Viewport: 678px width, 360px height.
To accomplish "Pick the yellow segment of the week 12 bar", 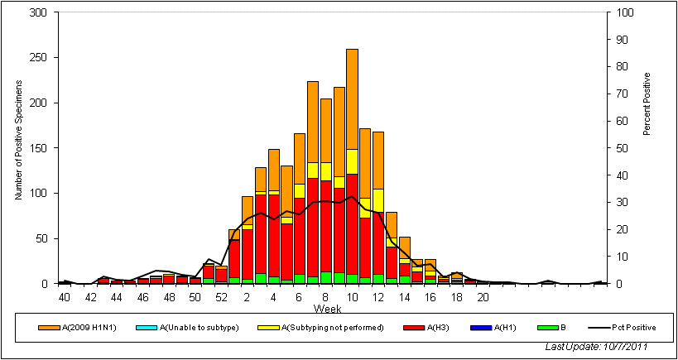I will pos(378,200).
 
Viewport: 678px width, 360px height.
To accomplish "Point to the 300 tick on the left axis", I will pos(40,13).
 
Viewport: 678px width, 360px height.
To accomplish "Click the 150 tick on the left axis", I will pos(40,148).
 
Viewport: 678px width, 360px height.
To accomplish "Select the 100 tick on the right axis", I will pos(622,13).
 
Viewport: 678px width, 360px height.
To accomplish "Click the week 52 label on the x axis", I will pos(221,296).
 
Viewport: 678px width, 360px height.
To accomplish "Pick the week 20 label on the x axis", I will pos(483,296).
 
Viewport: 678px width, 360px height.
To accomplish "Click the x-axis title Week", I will pos(325,308).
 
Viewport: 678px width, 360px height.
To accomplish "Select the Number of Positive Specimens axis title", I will pos(18,148).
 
